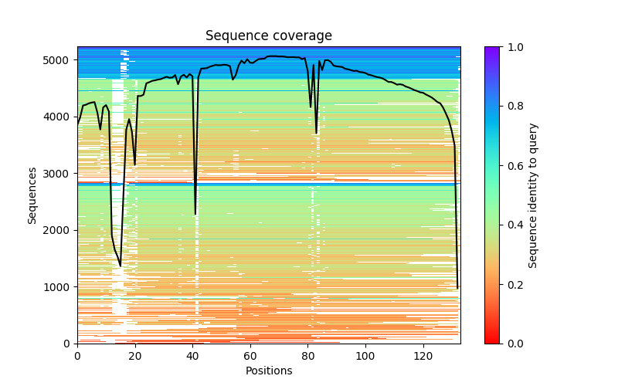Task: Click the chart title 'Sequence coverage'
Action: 269,36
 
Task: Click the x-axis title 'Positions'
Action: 269,371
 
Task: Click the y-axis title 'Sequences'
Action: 32,195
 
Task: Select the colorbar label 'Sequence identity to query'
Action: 533,195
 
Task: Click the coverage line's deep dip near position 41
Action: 195,214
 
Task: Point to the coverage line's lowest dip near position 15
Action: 121,266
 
